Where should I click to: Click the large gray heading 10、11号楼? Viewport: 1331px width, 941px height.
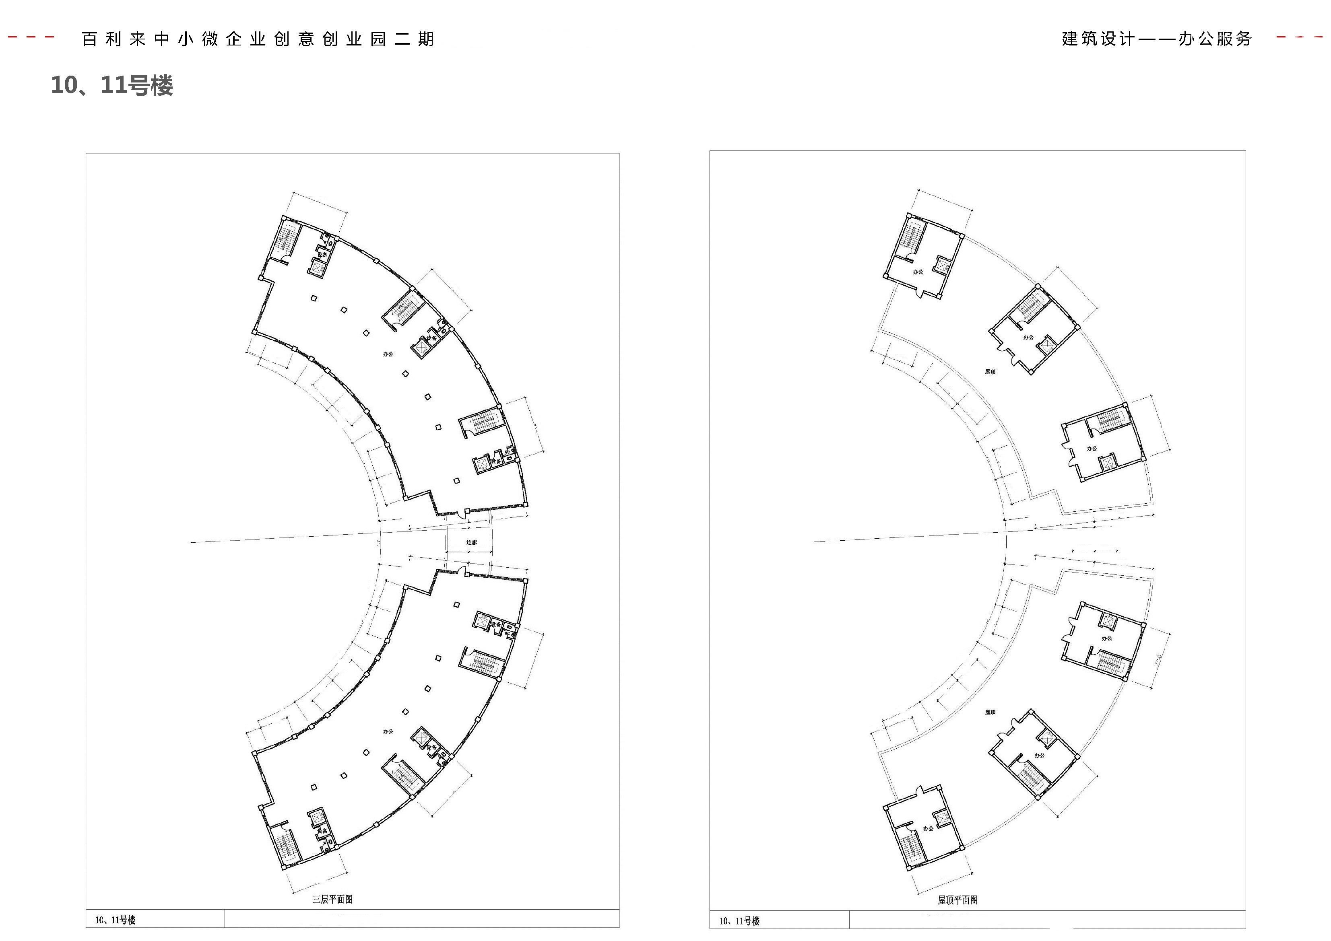[112, 85]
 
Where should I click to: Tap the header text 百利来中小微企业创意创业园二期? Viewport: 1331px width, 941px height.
[258, 39]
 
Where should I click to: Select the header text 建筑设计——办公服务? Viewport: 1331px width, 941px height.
[1156, 38]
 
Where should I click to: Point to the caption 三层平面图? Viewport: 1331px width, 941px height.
[332, 899]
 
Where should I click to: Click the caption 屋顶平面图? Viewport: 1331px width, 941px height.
[957, 900]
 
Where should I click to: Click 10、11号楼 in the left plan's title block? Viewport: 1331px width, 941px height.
[116, 920]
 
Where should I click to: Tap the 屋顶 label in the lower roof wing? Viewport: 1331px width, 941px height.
[990, 712]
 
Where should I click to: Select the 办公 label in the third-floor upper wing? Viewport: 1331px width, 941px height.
[388, 354]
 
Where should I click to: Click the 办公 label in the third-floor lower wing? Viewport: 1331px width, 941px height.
[388, 732]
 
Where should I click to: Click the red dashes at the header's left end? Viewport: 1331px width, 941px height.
[32, 38]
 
